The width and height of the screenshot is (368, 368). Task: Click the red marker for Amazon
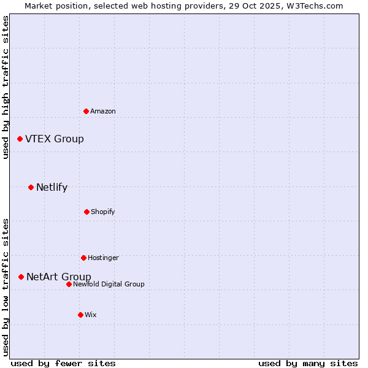click(86, 111)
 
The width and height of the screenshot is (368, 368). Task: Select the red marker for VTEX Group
click(20, 139)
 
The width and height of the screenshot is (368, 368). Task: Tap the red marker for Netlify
click(31, 187)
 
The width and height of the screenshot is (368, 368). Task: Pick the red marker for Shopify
click(86, 212)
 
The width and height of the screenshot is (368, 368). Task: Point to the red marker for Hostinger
click(83, 258)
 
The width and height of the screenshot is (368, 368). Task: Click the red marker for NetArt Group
click(21, 277)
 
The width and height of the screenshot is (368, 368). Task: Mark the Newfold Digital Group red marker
click(69, 284)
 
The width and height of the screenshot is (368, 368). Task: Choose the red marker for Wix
click(80, 315)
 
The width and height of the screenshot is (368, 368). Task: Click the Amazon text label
click(103, 111)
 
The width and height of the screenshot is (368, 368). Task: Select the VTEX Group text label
click(55, 139)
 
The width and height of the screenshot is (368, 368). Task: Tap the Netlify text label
click(52, 188)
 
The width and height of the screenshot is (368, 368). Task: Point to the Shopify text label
click(103, 212)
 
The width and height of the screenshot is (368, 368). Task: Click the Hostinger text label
click(103, 258)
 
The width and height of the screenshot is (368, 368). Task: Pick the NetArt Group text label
click(59, 277)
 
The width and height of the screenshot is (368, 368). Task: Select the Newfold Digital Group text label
click(109, 284)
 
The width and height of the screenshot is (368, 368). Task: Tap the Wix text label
click(91, 315)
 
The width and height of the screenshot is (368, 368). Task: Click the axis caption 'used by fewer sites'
click(63, 363)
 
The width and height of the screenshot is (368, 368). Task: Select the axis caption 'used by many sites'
click(308, 363)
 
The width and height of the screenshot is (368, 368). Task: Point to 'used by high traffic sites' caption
click(6, 87)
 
